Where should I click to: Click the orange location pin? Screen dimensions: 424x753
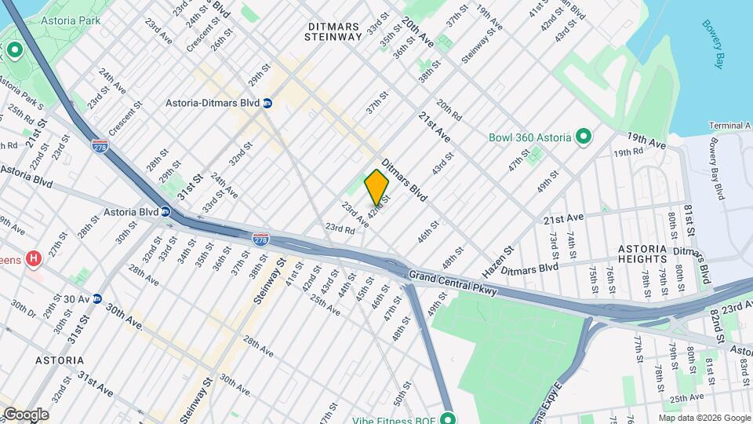[x=376, y=187]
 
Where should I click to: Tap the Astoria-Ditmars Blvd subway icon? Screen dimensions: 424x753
[x=267, y=103]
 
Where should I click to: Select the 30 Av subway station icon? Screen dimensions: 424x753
[x=97, y=298]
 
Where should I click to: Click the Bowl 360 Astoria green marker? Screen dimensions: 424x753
[x=583, y=137]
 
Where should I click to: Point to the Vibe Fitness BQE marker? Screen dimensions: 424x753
[x=448, y=418]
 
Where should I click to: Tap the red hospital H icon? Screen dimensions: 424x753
[x=33, y=258]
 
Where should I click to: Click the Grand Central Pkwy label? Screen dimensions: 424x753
[x=442, y=275]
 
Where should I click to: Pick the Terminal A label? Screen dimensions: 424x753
[x=729, y=126]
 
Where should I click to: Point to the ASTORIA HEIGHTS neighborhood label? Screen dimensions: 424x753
[x=653, y=253]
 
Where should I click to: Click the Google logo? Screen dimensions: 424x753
[x=25, y=415]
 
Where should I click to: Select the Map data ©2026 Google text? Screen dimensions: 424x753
[x=704, y=419]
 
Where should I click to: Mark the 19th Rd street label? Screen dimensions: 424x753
[x=627, y=152]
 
